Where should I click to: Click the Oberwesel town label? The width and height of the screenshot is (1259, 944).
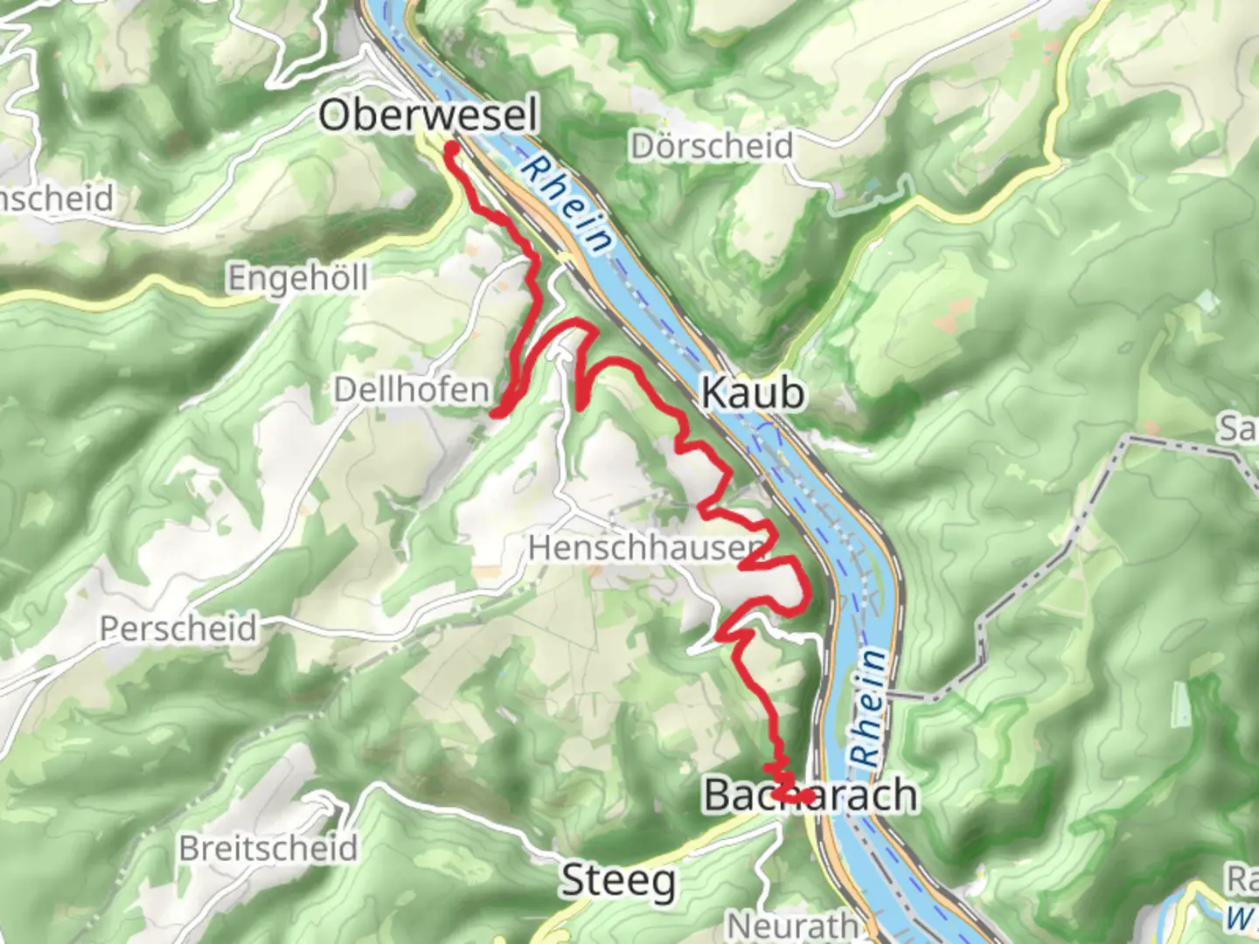click(428, 115)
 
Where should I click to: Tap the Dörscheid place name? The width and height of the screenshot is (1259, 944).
click(711, 146)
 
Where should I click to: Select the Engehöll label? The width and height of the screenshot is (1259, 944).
click(298, 279)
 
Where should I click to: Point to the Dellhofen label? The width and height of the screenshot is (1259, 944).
click(412, 390)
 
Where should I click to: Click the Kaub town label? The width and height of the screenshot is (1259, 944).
click(753, 393)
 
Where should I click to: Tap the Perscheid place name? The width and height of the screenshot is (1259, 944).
click(178, 628)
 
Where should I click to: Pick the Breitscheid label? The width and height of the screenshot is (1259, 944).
click(268, 849)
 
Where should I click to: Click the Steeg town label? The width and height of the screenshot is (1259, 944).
click(618, 880)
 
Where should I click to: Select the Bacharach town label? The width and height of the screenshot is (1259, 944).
click(810, 795)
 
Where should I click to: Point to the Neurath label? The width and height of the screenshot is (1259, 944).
click(793, 925)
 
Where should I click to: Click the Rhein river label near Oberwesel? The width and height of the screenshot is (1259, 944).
click(566, 204)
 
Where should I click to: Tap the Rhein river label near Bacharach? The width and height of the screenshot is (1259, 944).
click(868, 708)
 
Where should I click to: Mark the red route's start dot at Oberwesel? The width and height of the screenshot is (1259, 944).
click(452, 150)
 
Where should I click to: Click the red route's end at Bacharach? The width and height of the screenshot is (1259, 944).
click(810, 796)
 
